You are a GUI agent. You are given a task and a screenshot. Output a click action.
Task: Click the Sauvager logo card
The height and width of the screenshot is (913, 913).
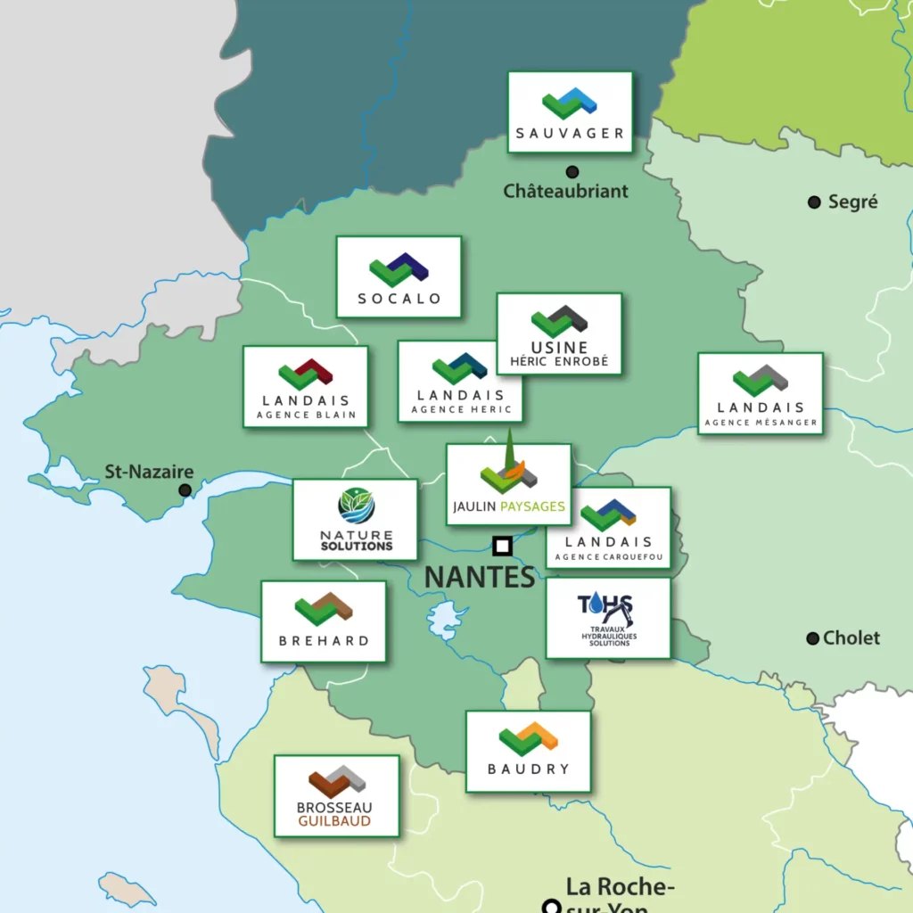coord(570,112)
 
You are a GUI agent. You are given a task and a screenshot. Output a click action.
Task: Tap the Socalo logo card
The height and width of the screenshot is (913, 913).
coord(399,276)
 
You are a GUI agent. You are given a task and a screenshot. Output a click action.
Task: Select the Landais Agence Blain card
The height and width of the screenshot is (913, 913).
coord(305,387)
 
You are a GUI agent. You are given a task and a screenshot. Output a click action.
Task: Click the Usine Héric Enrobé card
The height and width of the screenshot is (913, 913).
coord(559,333)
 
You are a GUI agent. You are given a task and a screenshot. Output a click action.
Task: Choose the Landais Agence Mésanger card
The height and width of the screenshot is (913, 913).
coord(760,393)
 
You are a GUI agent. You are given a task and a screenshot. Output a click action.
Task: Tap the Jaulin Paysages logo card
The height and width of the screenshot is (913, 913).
coord(508,485)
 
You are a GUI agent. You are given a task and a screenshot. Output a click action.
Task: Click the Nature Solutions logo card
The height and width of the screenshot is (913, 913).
coord(355,520)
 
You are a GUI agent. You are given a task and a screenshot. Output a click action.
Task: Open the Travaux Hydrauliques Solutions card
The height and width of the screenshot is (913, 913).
coord(607,618)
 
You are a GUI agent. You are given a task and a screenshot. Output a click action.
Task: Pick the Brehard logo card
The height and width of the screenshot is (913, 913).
coord(323,621)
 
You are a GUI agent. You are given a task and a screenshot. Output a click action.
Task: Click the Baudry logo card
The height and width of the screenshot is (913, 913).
coord(528,751)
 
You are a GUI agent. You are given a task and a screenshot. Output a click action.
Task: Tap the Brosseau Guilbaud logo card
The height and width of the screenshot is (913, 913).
coord(336,796)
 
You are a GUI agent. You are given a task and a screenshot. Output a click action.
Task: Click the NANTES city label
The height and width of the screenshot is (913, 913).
coord(479,577)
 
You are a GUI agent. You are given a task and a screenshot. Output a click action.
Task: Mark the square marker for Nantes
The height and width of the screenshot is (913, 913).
coord(502,546)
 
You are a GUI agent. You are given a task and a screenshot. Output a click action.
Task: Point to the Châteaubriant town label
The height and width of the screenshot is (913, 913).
coord(565,191)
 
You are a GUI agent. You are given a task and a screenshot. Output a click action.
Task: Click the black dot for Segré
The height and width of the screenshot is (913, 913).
coord(814,202)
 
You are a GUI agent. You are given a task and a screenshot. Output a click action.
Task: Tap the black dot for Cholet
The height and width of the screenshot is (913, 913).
coord(812,638)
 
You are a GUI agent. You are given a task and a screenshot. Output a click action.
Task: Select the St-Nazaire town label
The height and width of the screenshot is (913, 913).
coord(149,472)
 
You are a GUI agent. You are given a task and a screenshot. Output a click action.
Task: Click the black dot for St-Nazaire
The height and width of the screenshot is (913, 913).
coord(185,489)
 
